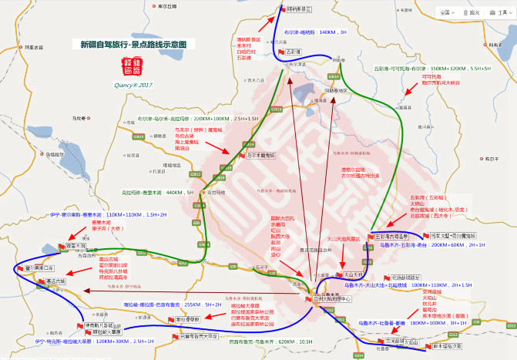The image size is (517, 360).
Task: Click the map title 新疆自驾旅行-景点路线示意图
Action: coord(133,45)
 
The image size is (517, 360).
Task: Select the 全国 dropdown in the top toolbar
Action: coord(446,12)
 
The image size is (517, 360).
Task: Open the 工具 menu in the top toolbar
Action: coord(499,12)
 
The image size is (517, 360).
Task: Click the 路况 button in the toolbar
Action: coord(473,12)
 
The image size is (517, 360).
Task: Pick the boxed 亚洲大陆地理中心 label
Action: coord(331,298)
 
